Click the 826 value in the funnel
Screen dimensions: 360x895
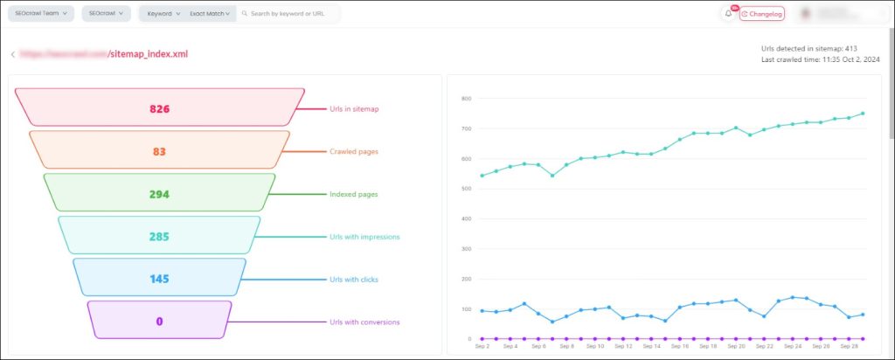point(159,109)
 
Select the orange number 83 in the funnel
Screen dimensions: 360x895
point(159,152)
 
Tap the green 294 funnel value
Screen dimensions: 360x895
point(159,194)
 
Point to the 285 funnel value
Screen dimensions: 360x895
point(159,237)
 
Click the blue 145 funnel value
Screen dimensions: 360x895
point(159,280)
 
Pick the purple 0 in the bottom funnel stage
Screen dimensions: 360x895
point(159,322)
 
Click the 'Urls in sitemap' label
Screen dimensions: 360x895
point(354,109)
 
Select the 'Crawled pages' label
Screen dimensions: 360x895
point(353,152)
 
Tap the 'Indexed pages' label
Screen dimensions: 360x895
point(353,194)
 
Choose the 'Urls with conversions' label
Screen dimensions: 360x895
point(364,322)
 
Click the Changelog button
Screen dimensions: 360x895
point(762,14)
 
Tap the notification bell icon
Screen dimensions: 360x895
point(729,14)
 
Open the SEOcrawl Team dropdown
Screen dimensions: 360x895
point(41,14)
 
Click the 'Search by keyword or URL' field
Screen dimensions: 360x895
point(288,14)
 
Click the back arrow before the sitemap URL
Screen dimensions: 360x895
point(12,54)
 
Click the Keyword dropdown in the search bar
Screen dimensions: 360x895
point(163,14)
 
